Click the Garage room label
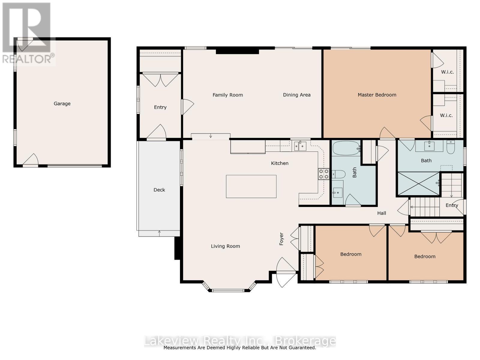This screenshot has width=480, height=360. click(62, 103)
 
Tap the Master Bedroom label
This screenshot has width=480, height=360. click(377, 95)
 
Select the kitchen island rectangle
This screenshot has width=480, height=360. click(251, 186)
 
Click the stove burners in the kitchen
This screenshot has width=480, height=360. click(324, 174)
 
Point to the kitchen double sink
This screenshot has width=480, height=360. click(300, 146)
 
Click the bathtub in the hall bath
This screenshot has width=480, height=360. click(346, 148)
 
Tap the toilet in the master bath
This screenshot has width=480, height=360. click(451, 147)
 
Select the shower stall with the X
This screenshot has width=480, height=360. click(418, 183)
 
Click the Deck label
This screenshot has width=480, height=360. click(159, 190)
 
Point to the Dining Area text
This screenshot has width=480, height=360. click(297, 95)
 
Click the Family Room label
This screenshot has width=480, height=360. click(228, 95)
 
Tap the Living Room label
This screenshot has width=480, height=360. click(225, 246)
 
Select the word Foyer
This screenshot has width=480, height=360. click(281, 239)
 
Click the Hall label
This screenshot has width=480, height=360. click(382, 213)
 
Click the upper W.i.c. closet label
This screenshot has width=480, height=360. click(447, 72)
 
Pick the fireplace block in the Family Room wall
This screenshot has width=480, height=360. click(237, 51)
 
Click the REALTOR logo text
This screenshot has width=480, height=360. click(28, 58)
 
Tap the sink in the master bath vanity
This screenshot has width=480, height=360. click(429, 146)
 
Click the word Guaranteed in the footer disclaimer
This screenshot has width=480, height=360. click(301, 348)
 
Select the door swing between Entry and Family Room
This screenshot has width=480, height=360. click(187, 106)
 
